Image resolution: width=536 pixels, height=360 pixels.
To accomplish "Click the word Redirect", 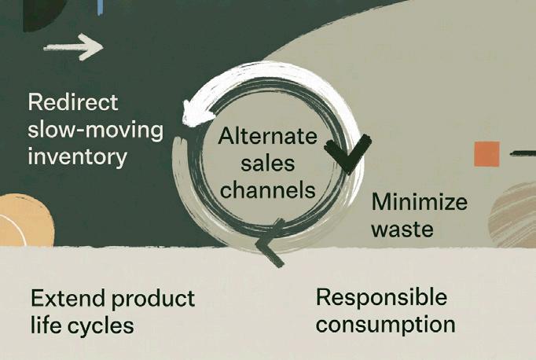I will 72,103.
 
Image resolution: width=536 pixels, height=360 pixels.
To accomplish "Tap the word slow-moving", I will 96,129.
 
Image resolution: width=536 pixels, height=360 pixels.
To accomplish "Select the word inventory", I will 77,156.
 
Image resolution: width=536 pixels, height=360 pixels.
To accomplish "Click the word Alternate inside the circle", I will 267,137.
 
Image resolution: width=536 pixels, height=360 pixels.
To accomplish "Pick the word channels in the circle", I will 267,189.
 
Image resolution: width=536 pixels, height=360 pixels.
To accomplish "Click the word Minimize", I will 419,202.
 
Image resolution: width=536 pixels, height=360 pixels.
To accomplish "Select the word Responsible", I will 381,297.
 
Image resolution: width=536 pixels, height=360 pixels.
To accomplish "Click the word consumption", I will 385,324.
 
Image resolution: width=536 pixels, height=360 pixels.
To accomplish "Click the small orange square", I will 486,154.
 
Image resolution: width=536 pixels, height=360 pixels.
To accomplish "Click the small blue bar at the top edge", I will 101,6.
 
